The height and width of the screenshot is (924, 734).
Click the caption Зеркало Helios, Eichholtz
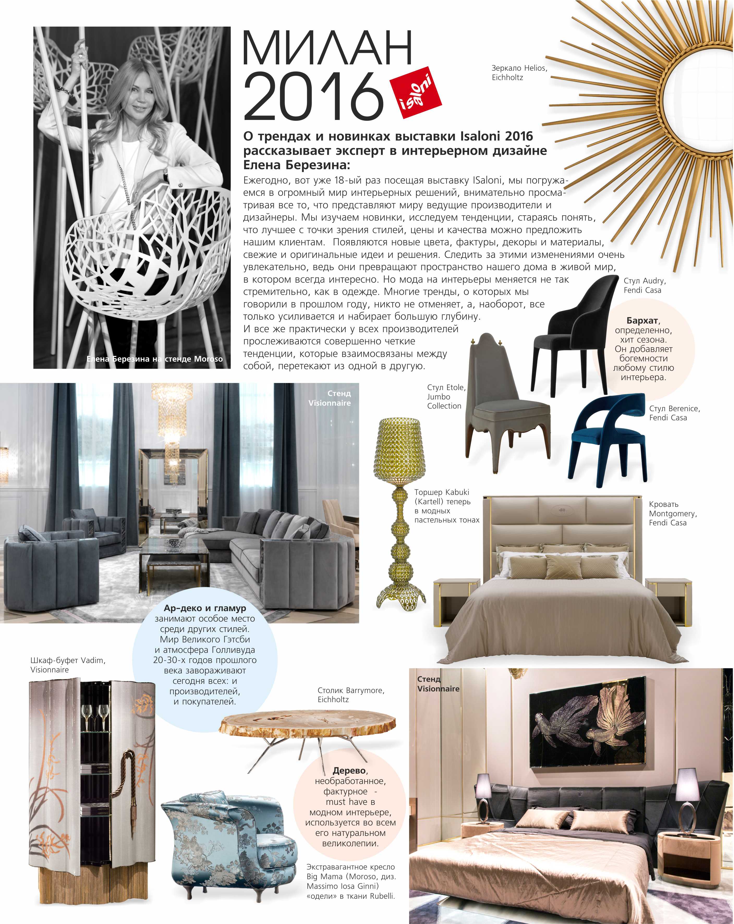pos(519,72)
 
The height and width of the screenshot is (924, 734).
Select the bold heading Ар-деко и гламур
pos(205,608)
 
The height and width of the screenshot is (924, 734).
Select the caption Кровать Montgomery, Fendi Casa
pos(672,513)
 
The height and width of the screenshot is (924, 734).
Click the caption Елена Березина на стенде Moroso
pos(154,359)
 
